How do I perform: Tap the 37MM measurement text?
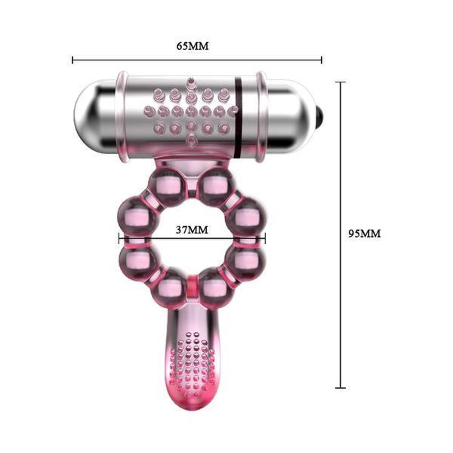click(x=192, y=229)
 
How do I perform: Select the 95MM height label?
click(x=364, y=233)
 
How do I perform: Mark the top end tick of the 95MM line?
click(x=341, y=82)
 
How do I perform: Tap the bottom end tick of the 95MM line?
click(x=341, y=388)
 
